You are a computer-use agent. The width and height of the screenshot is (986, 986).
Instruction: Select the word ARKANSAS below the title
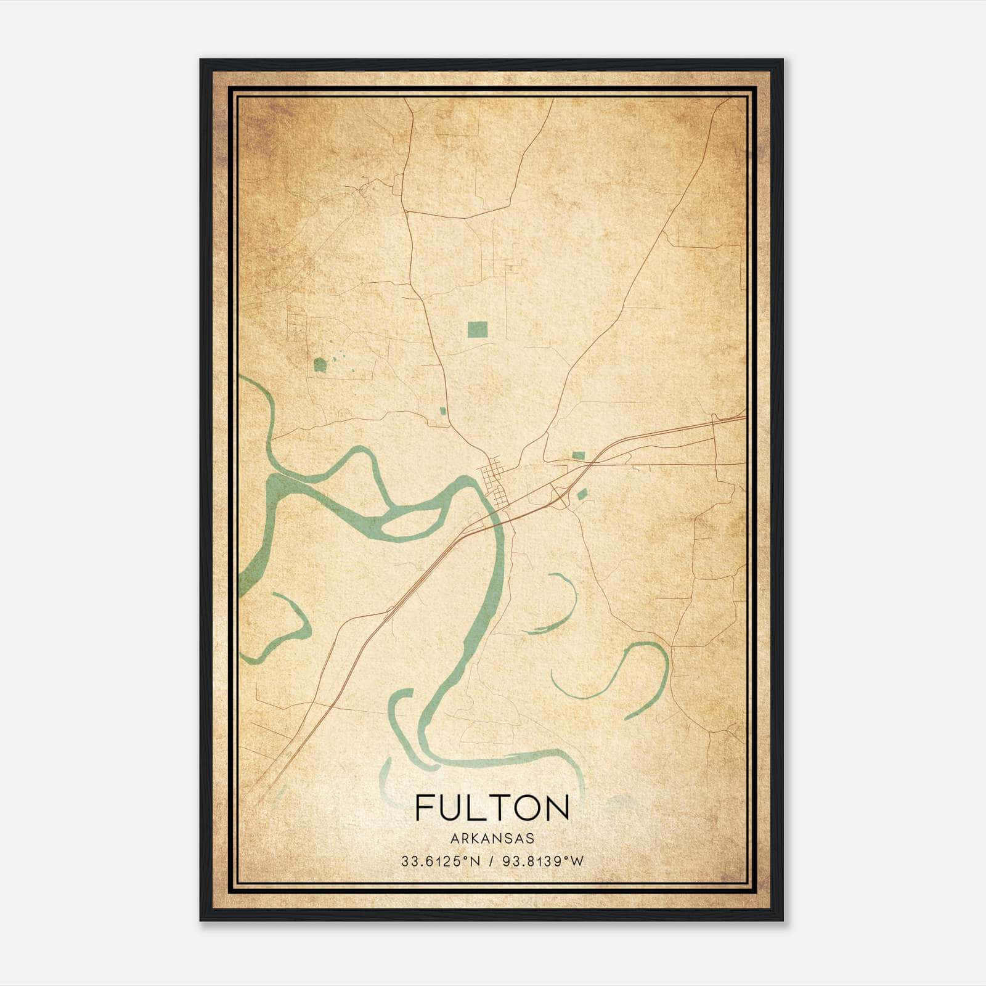click(x=492, y=839)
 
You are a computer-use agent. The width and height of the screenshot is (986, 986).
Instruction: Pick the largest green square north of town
click(x=477, y=330)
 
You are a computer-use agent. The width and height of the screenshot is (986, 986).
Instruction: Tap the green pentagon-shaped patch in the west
click(x=320, y=365)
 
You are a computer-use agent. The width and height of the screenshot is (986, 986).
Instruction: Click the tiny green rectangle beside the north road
click(x=442, y=410)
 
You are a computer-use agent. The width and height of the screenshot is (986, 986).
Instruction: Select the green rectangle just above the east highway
click(x=578, y=455)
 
